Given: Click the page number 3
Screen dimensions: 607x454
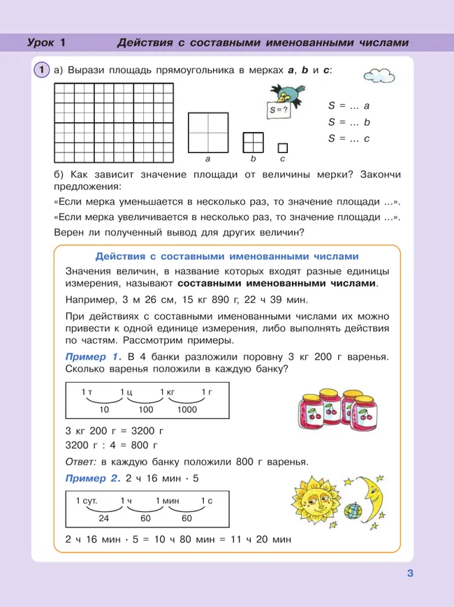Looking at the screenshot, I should (x=411, y=575).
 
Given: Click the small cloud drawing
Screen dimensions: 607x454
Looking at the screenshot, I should (x=380, y=73).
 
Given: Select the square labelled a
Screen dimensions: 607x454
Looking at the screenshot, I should (x=207, y=132).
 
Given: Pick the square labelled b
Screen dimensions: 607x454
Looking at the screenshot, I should (x=253, y=142).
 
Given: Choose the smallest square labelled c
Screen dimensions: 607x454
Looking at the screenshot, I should (x=282, y=148).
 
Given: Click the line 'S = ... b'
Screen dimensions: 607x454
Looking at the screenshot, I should (x=349, y=122).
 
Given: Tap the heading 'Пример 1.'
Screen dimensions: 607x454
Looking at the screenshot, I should (x=89, y=357).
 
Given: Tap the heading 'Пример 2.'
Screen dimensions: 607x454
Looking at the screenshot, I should (x=89, y=478).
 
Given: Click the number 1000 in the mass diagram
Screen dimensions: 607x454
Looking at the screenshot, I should (x=187, y=409).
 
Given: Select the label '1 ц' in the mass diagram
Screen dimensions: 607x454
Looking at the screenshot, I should (x=126, y=393).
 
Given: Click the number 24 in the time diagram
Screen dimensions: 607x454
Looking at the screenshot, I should (x=104, y=519).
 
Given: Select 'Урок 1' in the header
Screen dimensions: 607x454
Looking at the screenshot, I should (x=46, y=43).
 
